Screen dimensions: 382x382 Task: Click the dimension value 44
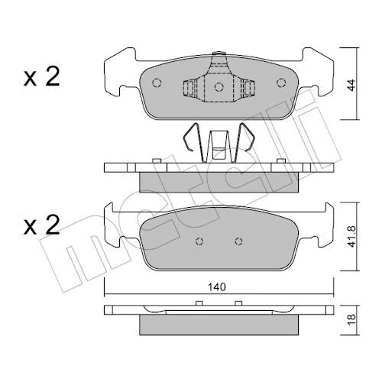tap(351, 85)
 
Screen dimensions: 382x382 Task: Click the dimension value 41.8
tap(351, 236)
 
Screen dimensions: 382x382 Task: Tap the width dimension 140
tap(217, 287)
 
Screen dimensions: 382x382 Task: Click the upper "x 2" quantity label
tap(41, 76)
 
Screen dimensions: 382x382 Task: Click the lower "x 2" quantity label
tap(41, 225)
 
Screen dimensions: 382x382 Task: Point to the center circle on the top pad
tap(219, 87)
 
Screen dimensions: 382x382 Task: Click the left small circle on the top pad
tap(157, 83)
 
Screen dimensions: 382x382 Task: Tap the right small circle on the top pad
tap(281, 83)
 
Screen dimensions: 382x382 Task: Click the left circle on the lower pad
tap(199, 241)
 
